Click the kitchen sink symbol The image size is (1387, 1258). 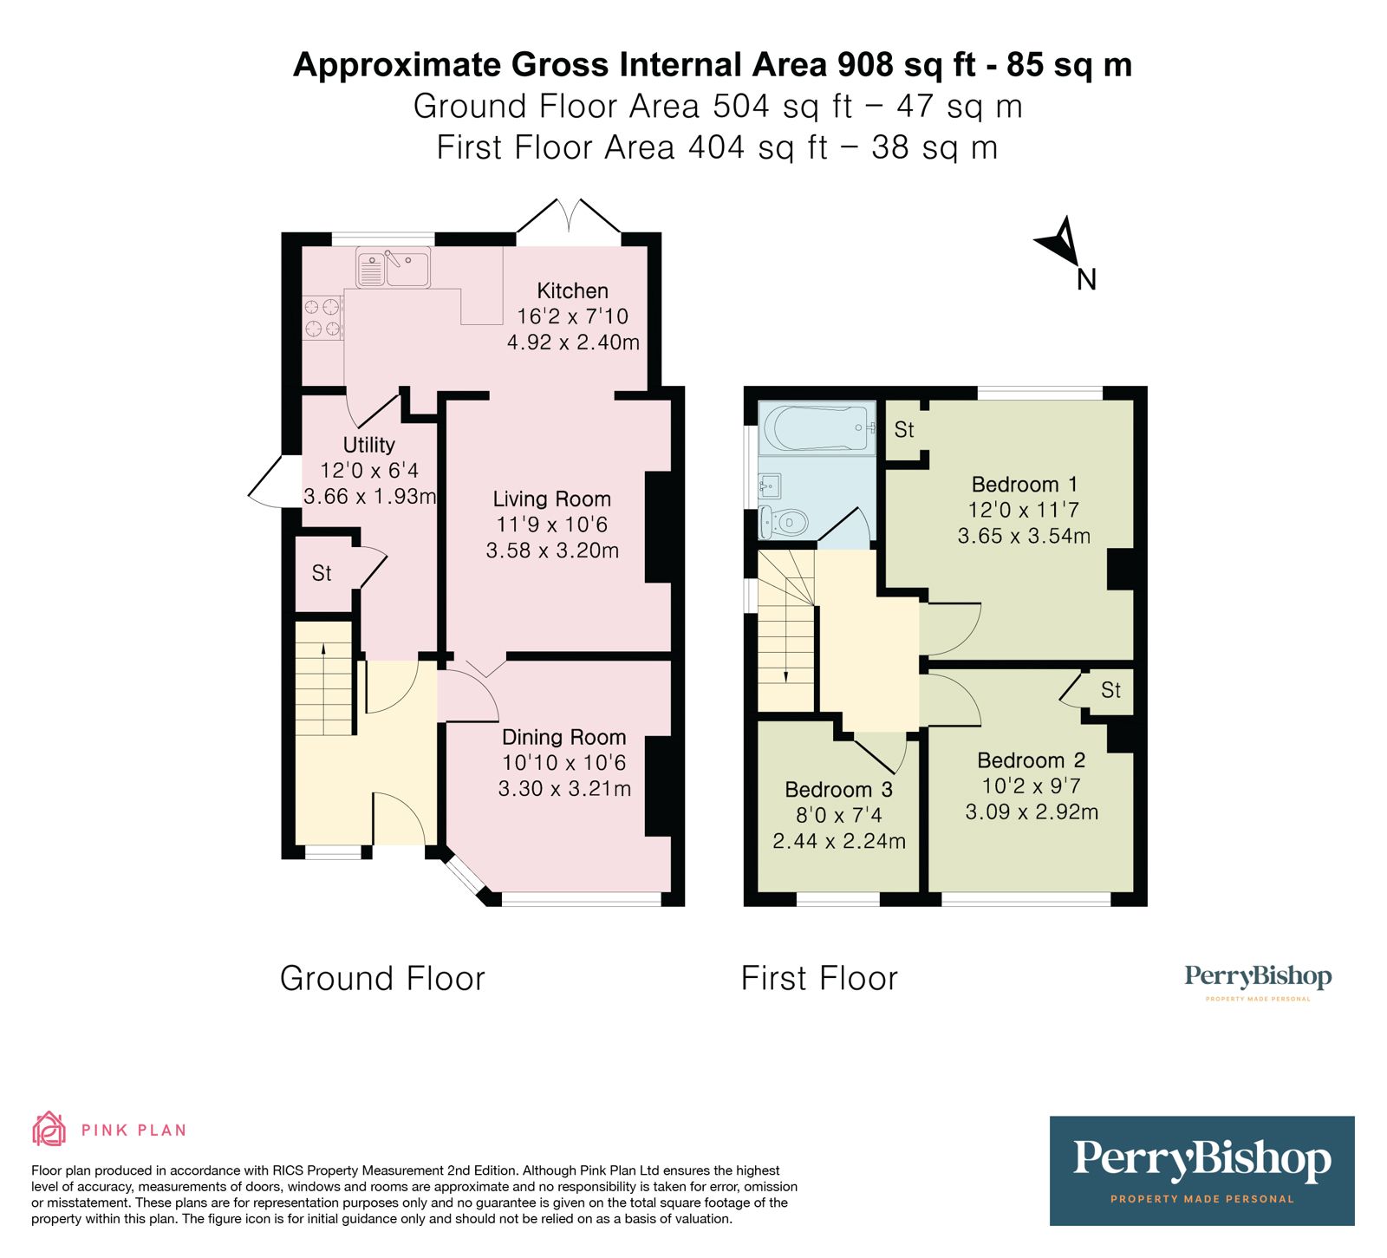(x=393, y=268)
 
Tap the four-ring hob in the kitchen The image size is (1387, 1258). (x=322, y=317)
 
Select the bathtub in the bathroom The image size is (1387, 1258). (x=816, y=427)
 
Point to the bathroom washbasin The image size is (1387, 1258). (x=770, y=485)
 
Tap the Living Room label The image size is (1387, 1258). (x=551, y=499)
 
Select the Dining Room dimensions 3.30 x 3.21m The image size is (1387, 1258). (x=564, y=789)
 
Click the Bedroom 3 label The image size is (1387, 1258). (x=838, y=790)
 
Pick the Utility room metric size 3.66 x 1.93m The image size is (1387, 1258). (x=369, y=497)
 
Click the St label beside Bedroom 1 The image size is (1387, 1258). (x=904, y=429)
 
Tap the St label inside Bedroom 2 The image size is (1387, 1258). (x=1110, y=690)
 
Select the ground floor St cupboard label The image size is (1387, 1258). (x=322, y=573)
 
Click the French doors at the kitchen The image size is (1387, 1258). (x=570, y=218)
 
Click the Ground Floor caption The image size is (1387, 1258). (x=382, y=979)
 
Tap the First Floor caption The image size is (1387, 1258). (x=819, y=979)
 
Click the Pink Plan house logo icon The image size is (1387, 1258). (x=49, y=1129)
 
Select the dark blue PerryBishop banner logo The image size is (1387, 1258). (x=1201, y=1170)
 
